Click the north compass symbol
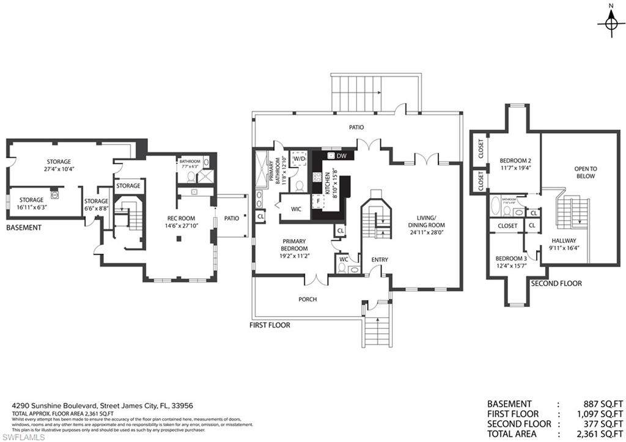tap(609, 23)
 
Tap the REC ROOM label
tap(181, 218)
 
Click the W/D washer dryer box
tap(299, 159)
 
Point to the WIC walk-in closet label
tap(296, 209)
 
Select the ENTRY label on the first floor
tap(379, 260)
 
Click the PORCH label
tap(307, 300)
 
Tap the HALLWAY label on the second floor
tap(563, 241)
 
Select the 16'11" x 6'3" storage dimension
tap(31, 207)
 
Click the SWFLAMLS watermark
tap(23, 436)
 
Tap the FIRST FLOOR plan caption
tap(270, 325)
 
